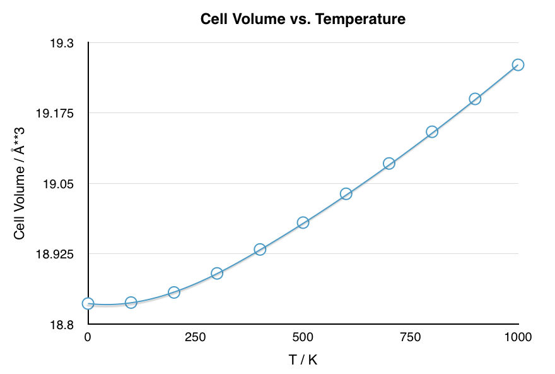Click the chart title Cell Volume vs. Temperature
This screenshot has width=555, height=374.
303,19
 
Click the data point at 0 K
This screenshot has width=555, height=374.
88,304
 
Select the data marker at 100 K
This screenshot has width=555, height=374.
131,303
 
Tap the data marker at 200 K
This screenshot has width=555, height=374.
174,293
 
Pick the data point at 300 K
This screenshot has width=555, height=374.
217,274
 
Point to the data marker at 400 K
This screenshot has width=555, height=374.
260,250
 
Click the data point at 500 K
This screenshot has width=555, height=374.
303,222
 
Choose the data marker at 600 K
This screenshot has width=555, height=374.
346,194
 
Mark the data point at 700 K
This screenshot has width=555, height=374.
389,164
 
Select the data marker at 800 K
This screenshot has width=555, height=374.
432,132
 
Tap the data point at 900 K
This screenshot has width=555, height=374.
475,99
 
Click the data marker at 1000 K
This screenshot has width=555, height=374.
518,64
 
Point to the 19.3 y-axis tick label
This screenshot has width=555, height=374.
62,44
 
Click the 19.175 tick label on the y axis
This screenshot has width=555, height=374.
55,114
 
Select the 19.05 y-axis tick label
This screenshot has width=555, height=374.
59,184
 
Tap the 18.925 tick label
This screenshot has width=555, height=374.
55,255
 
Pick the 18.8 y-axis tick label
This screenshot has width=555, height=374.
62,325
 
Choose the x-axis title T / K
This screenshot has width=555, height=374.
303,360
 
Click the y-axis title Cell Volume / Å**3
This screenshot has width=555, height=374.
20,183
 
